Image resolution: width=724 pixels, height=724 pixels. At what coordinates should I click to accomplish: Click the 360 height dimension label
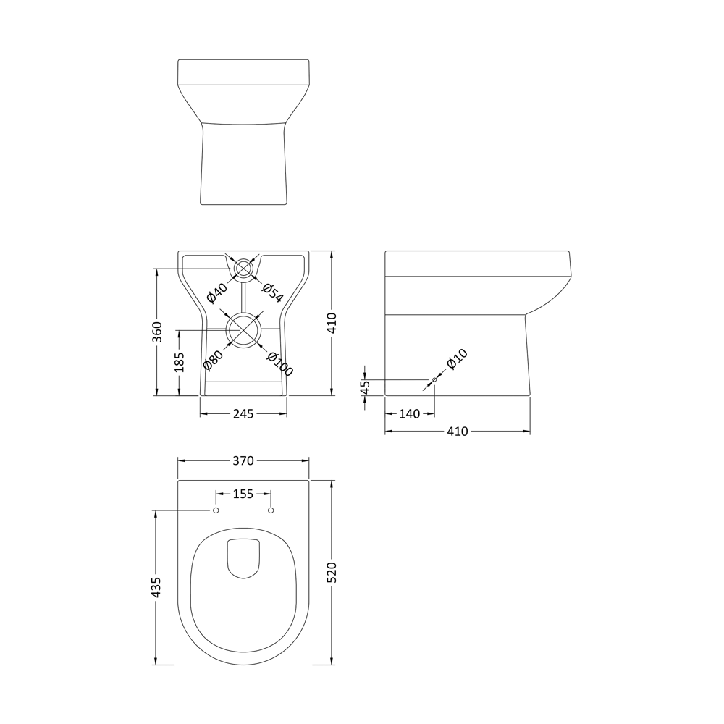[x=157, y=332]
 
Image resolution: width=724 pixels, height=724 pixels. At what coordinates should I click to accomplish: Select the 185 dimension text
[x=180, y=361]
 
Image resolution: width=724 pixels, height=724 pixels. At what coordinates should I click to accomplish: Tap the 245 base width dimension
[x=243, y=414]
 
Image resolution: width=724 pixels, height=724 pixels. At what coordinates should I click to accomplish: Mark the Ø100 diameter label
[x=279, y=363]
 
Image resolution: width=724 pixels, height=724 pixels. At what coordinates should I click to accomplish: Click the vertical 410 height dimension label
[x=332, y=323]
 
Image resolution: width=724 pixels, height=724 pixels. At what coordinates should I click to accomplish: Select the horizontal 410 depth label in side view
[x=457, y=432]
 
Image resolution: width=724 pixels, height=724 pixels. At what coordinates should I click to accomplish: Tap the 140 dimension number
[x=409, y=414]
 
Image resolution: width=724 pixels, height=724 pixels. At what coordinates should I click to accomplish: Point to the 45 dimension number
[x=365, y=387]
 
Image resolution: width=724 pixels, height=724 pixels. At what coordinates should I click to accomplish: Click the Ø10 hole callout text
[x=457, y=360]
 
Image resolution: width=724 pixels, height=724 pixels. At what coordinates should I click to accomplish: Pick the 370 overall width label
[x=243, y=460]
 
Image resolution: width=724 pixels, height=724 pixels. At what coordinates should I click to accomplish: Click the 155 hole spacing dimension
[x=243, y=494]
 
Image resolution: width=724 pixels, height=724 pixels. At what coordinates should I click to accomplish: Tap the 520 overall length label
[x=332, y=573]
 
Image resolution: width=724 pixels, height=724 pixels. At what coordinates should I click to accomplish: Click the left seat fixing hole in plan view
[x=216, y=511]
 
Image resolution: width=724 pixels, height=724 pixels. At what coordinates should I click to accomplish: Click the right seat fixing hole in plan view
[x=271, y=511]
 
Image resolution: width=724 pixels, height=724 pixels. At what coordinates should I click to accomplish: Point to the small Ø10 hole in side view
[x=434, y=379]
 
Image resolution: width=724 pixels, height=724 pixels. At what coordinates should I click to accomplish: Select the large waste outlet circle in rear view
[x=244, y=329]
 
